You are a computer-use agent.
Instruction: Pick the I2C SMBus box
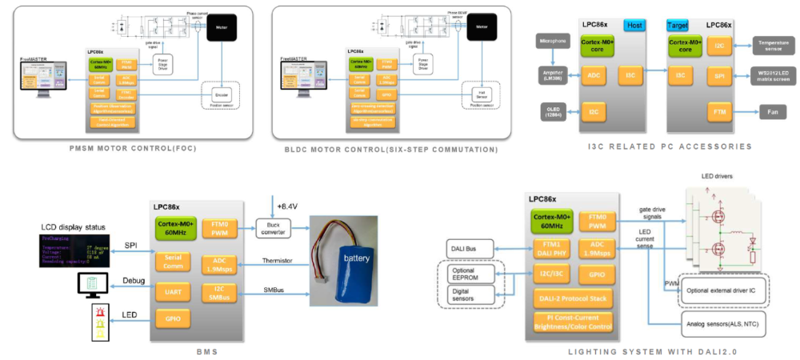click(218, 294)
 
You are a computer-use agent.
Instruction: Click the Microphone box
click(553, 40)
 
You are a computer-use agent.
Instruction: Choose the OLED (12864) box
click(553, 111)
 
